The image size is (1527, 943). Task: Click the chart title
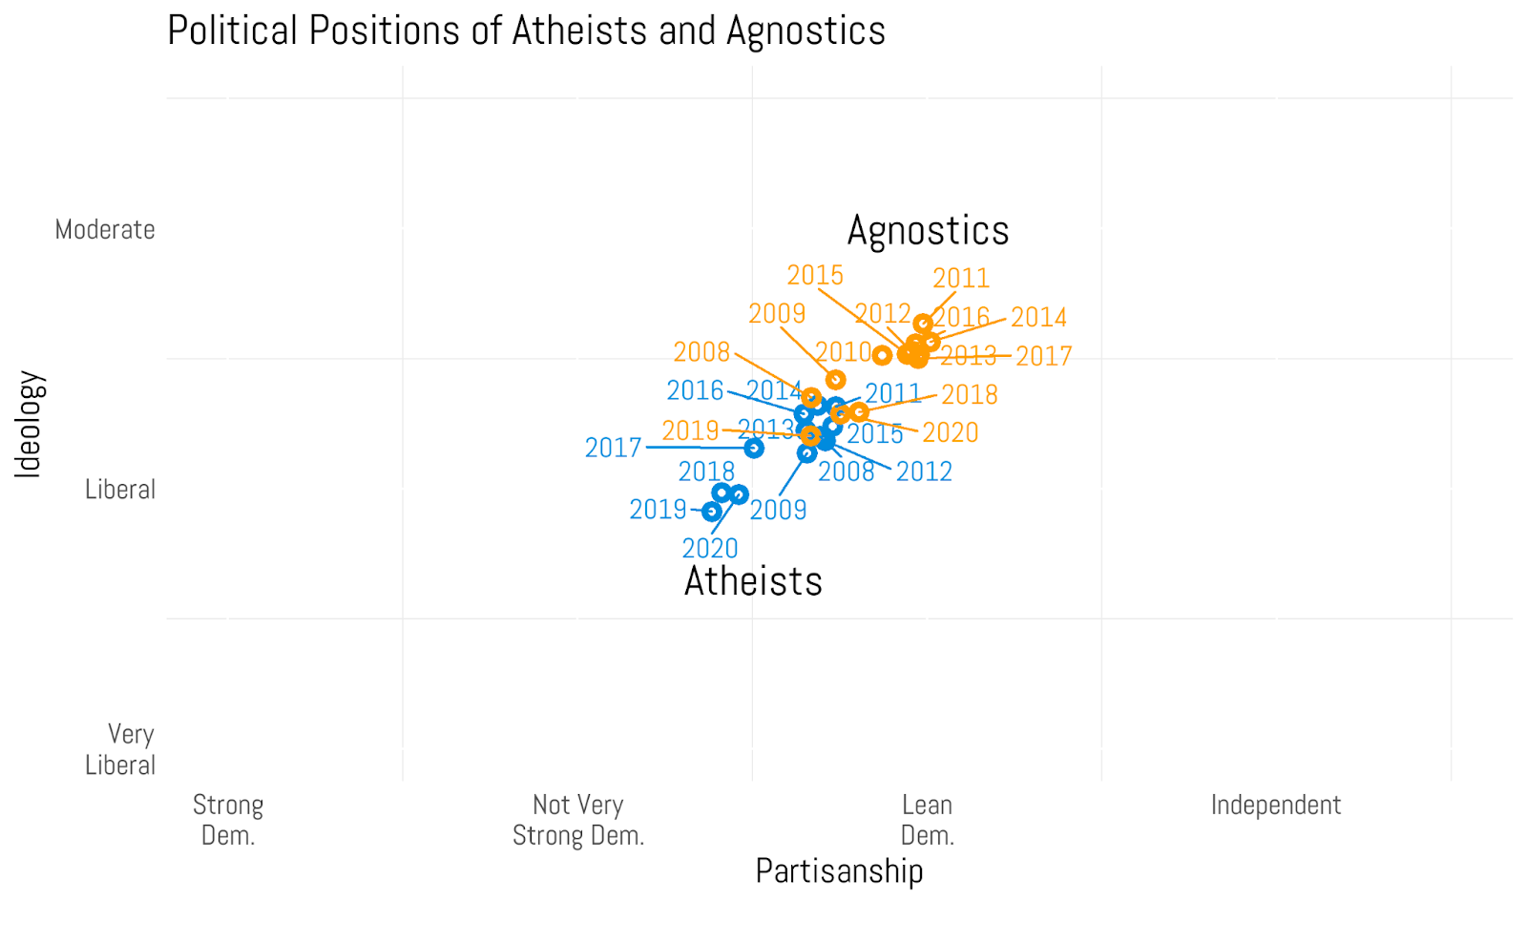(x=526, y=31)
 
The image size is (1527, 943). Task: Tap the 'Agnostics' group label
(x=928, y=231)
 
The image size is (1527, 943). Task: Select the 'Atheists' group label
(x=753, y=581)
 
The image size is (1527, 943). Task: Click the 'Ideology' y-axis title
(x=29, y=424)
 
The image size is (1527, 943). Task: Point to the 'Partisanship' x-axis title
(x=839, y=870)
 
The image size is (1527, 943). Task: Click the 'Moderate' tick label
(x=105, y=230)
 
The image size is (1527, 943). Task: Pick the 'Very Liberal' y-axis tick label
(x=120, y=749)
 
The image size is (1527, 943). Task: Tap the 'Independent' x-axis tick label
(x=1275, y=805)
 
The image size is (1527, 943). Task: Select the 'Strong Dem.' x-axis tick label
(x=228, y=820)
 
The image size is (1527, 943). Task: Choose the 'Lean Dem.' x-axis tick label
(x=928, y=820)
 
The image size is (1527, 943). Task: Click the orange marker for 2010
(x=882, y=355)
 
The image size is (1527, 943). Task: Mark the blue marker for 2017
(x=754, y=448)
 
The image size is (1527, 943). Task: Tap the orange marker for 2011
(x=923, y=324)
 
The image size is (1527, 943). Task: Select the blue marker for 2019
(x=711, y=512)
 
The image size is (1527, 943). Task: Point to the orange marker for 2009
(x=835, y=380)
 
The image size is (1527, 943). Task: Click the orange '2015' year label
(x=815, y=275)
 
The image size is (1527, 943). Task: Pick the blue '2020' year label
(x=710, y=548)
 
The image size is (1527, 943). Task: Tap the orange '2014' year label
(x=1038, y=317)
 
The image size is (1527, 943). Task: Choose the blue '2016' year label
(x=695, y=390)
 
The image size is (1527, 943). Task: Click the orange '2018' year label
(x=970, y=394)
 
